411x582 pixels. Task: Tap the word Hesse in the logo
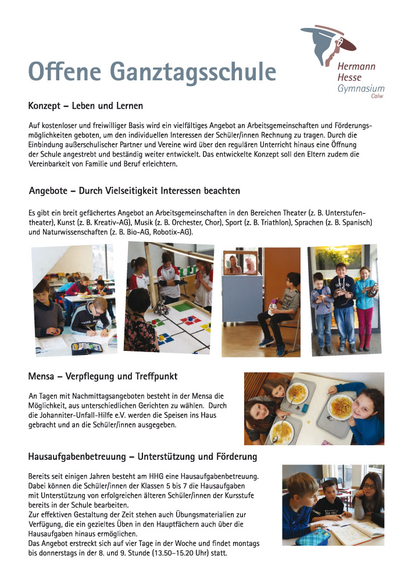[349, 77]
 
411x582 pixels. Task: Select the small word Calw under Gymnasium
[377, 97]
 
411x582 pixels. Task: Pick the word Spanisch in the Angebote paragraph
[354, 223]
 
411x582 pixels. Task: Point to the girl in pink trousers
[365, 308]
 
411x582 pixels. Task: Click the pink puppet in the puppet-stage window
[250, 266]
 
